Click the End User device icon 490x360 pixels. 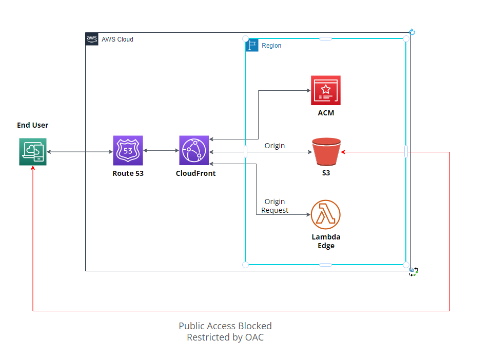(x=33, y=152)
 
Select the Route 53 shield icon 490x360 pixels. (x=128, y=151)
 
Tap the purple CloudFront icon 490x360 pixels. (x=194, y=151)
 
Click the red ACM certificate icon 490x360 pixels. (x=325, y=91)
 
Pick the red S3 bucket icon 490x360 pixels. (x=326, y=151)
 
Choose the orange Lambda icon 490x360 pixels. (x=326, y=214)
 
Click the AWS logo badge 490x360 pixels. (x=92, y=39)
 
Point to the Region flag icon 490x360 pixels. (x=252, y=45)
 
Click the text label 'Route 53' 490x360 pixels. (x=128, y=173)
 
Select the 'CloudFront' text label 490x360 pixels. (x=195, y=173)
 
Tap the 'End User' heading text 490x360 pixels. (x=33, y=125)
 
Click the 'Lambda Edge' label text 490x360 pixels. (x=326, y=241)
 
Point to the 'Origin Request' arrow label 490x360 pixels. (x=275, y=206)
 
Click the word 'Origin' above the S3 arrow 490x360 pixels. (x=275, y=146)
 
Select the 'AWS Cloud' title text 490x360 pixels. (x=117, y=39)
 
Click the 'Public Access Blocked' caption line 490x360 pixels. (x=225, y=326)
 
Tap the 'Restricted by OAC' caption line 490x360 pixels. (x=225, y=337)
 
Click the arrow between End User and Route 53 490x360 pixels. (x=80, y=152)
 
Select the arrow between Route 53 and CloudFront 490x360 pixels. (x=161, y=151)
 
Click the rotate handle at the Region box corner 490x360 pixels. (x=411, y=32)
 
